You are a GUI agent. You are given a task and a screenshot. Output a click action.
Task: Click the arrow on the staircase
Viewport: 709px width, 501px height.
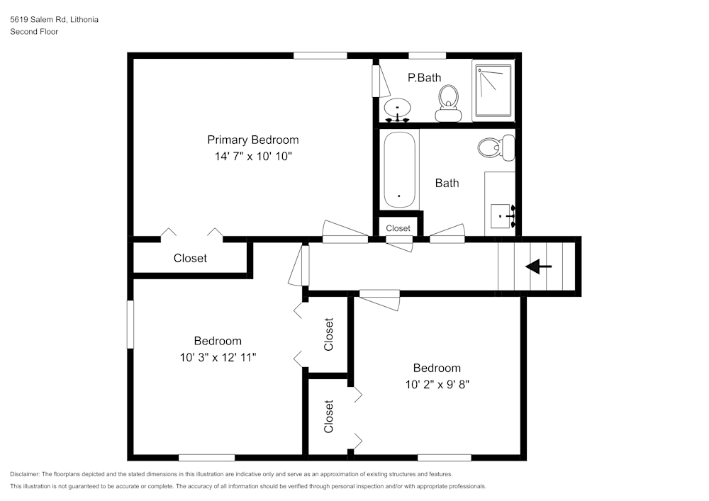click(538, 266)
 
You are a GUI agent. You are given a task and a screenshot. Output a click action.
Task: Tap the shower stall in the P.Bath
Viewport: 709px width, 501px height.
click(493, 91)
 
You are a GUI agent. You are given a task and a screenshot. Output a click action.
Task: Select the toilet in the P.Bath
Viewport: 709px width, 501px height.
click(447, 103)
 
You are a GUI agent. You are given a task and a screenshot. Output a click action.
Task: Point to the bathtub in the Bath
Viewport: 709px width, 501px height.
click(399, 170)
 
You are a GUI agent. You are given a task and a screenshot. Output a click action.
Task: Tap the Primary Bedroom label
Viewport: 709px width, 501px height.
click(252, 140)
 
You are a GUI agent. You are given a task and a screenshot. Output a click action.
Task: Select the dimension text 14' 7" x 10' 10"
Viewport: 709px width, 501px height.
click(252, 157)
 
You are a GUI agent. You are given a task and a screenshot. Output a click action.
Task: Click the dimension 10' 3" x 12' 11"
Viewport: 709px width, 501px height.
click(218, 358)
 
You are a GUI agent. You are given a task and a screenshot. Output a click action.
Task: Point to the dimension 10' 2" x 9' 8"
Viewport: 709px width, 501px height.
click(437, 385)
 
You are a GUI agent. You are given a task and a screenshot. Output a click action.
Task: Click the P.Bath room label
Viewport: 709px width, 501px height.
click(424, 78)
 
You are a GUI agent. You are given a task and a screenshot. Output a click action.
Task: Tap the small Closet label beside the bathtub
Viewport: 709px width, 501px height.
click(398, 228)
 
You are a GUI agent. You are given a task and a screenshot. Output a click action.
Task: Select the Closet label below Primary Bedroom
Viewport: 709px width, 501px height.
click(190, 259)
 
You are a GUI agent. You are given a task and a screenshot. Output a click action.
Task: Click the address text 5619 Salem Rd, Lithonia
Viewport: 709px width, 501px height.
click(54, 20)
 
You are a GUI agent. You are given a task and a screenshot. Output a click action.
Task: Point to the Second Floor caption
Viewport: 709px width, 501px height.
click(34, 32)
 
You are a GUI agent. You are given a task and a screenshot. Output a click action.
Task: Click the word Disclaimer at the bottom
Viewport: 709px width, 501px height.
click(25, 474)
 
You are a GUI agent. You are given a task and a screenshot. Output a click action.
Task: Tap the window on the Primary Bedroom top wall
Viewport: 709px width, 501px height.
click(320, 55)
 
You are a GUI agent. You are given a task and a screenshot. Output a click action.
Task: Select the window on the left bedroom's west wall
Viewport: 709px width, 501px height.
click(130, 324)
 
